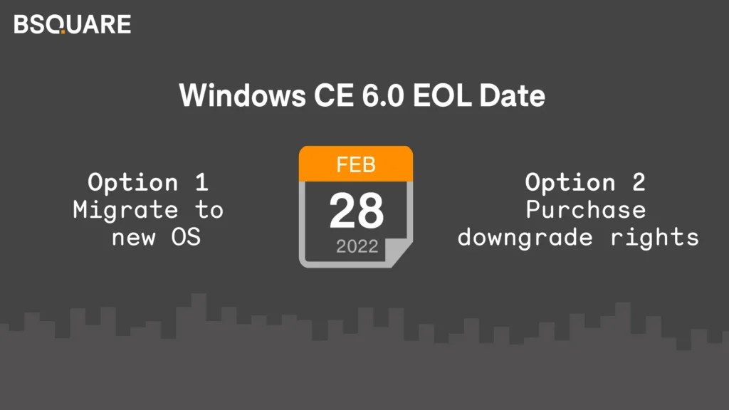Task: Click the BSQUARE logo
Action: pos(72,24)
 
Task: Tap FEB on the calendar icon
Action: pos(355,166)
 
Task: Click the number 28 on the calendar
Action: pos(356,211)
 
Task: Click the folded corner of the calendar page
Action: pos(400,255)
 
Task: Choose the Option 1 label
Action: pos(148,182)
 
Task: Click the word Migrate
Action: pos(125,210)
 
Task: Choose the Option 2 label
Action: pos(585,182)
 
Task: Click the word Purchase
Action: pos(585,210)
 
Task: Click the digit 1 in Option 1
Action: pos(201,182)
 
